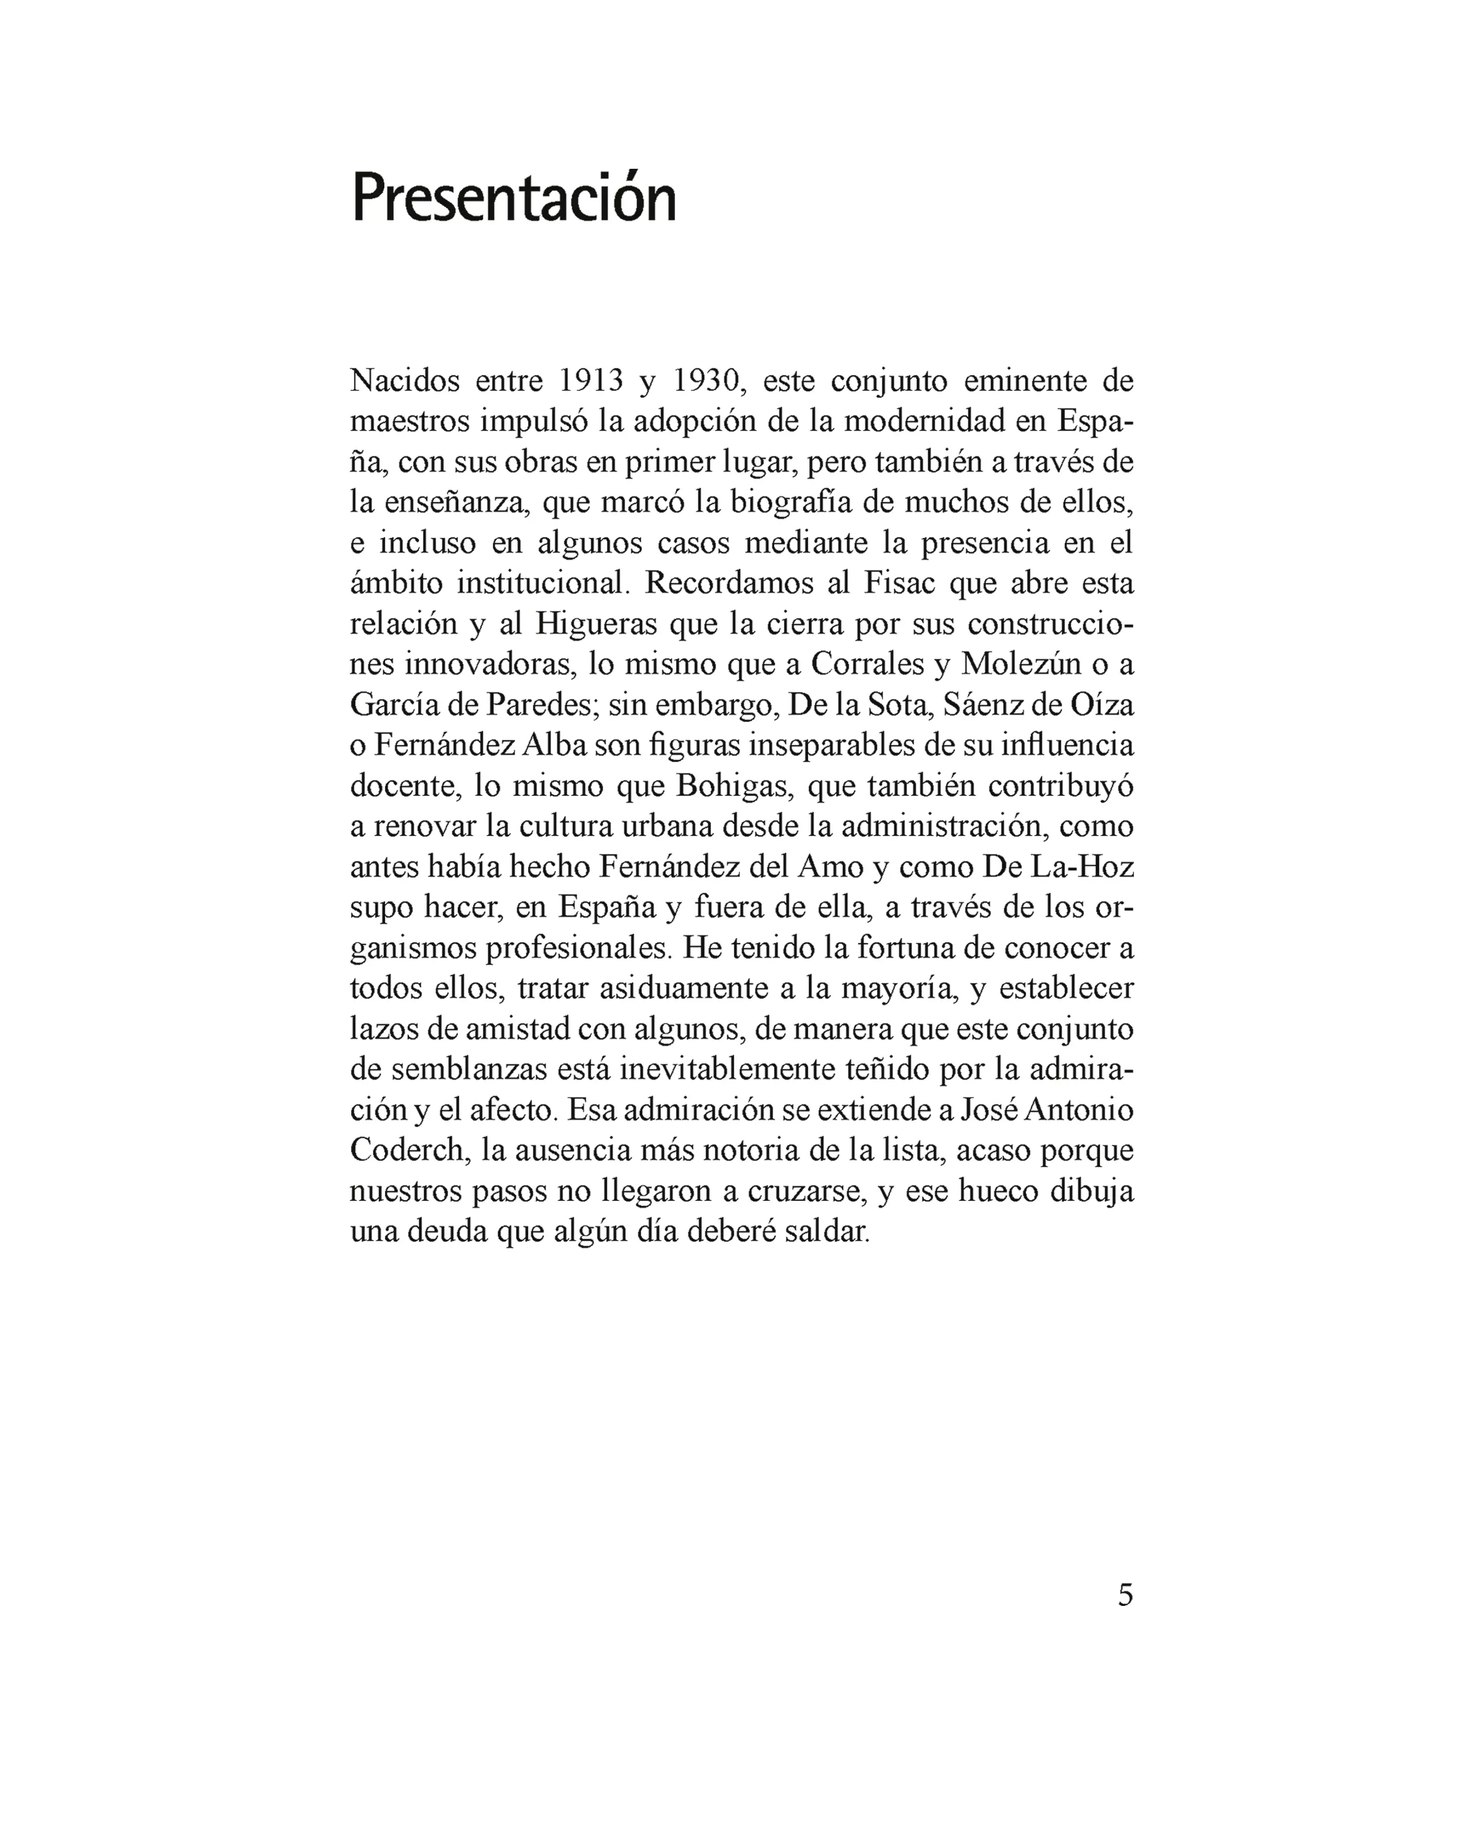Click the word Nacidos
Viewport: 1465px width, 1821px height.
(404, 381)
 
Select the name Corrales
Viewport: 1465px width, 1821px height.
(868, 665)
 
